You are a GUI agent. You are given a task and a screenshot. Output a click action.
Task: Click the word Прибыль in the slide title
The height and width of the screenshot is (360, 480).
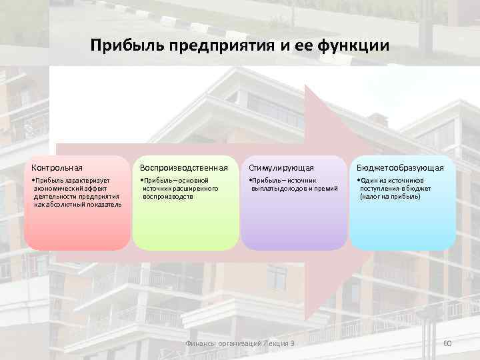pyautogui.click(x=122, y=46)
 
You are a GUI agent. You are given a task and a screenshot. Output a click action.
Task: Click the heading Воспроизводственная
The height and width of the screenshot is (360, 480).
pyautogui.click(x=184, y=167)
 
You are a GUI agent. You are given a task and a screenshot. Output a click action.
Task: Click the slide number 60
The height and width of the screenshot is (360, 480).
pyautogui.click(x=447, y=343)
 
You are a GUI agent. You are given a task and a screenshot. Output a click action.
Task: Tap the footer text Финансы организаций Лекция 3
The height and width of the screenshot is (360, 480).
pyautogui.click(x=239, y=343)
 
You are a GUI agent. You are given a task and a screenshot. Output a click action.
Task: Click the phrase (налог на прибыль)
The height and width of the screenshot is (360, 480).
pyautogui.click(x=390, y=197)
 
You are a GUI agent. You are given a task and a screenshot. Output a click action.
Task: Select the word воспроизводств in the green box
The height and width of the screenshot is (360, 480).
pyautogui.click(x=167, y=197)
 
